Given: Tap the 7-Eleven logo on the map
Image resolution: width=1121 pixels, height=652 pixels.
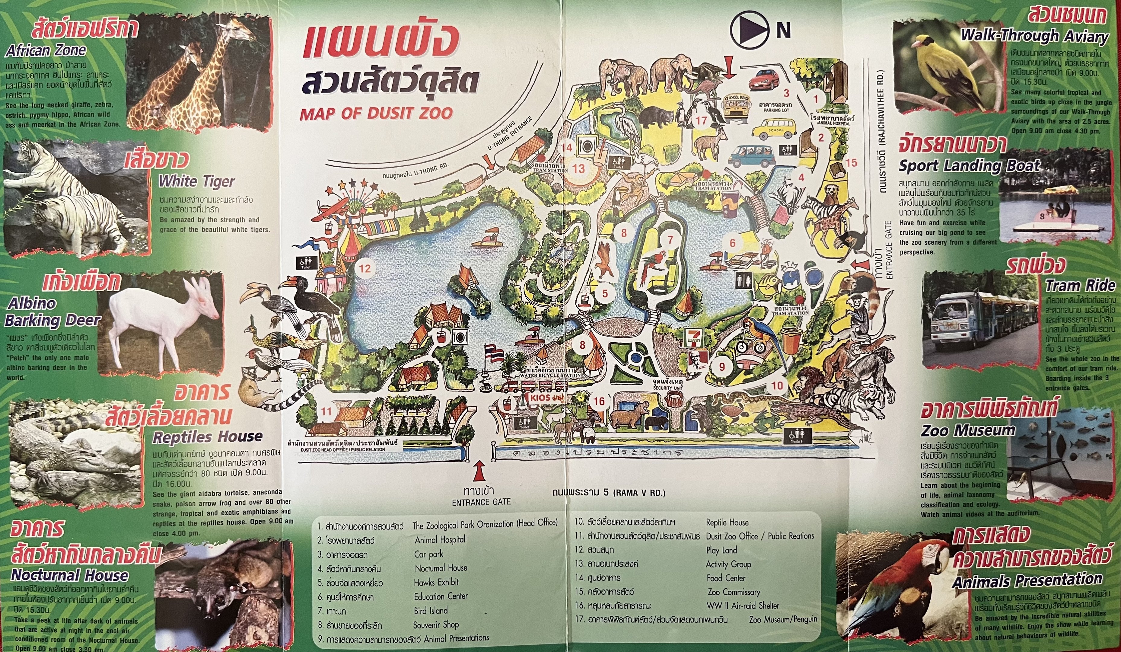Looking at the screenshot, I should point(695,338).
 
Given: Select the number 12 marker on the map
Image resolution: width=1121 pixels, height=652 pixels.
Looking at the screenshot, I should point(365,268).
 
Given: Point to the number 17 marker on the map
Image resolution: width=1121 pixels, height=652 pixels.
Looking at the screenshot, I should point(702,120).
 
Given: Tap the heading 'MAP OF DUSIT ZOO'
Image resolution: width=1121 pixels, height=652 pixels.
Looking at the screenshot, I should point(376,113).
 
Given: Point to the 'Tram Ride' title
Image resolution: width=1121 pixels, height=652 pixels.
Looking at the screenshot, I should point(1080,285).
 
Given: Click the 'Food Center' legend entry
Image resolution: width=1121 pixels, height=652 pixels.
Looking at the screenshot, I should point(725,578).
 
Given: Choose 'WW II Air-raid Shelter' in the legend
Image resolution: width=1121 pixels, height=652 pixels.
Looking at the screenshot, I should point(742,606).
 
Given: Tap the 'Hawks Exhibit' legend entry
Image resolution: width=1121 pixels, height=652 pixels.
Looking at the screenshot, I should point(436,582).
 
